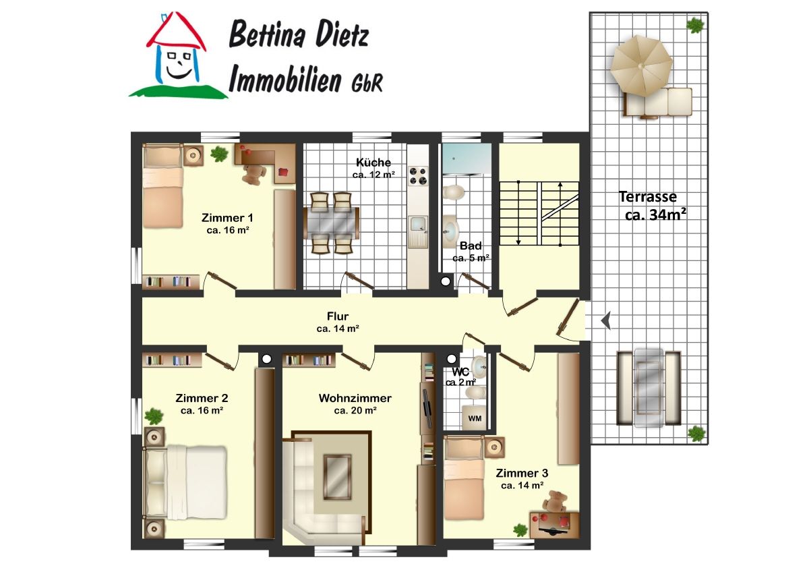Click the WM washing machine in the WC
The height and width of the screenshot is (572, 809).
pos(474,418)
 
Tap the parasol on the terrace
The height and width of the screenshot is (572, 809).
pos(641,65)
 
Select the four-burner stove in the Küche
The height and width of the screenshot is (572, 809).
pos(418,176)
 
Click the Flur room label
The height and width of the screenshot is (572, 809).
pos(338,316)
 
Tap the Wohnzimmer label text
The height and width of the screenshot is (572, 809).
pos(355,398)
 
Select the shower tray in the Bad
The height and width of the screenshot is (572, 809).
pos(467,159)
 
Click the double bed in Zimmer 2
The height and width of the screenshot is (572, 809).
pos(185,482)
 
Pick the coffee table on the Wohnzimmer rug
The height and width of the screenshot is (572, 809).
pos(337,477)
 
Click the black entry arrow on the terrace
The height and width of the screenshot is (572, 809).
pos(606,320)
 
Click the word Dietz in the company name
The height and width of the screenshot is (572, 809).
pos(342,34)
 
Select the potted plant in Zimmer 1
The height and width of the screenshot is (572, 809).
pos(219,154)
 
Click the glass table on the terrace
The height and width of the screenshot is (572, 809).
pos(649,387)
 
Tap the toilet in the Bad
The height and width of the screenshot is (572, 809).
pos(453,192)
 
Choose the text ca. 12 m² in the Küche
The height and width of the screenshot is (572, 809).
pos(373,175)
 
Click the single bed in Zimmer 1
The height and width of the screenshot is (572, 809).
pos(162,185)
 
